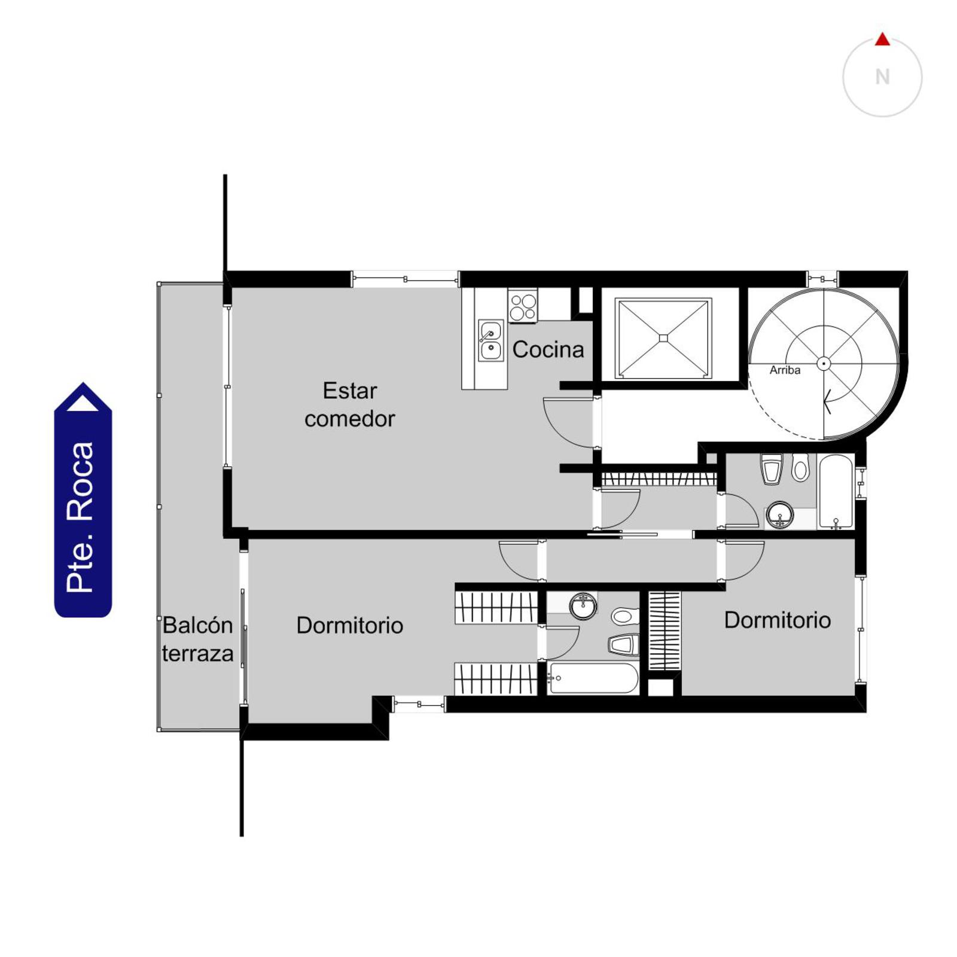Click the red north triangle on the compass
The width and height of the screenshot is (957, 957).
tap(882, 40)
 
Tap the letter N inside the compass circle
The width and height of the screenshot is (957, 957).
tap(882, 77)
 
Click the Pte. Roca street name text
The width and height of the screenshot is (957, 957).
tap(81, 517)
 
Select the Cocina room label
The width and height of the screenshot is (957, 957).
tap(548, 349)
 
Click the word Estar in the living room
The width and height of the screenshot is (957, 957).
tap(350, 391)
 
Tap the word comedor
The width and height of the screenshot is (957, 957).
tap(350, 419)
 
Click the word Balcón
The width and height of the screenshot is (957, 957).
tap(197, 625)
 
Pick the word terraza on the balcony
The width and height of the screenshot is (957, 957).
tap(197, 653)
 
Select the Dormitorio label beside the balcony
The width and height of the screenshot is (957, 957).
tap(350, 625)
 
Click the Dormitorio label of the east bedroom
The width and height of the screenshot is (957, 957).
tap(778, 620)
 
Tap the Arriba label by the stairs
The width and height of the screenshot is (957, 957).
tap(785, 370)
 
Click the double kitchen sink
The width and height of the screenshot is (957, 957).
tap(490, 340)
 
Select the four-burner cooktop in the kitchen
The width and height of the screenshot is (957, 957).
tap(523, 306)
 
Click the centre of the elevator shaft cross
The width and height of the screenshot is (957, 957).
tap(663, 339)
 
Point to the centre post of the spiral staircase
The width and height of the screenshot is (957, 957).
tap(824, 364)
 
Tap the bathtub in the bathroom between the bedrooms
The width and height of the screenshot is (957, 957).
tap(593, 678)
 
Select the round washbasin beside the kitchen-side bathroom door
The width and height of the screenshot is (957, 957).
tap(780, 514)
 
